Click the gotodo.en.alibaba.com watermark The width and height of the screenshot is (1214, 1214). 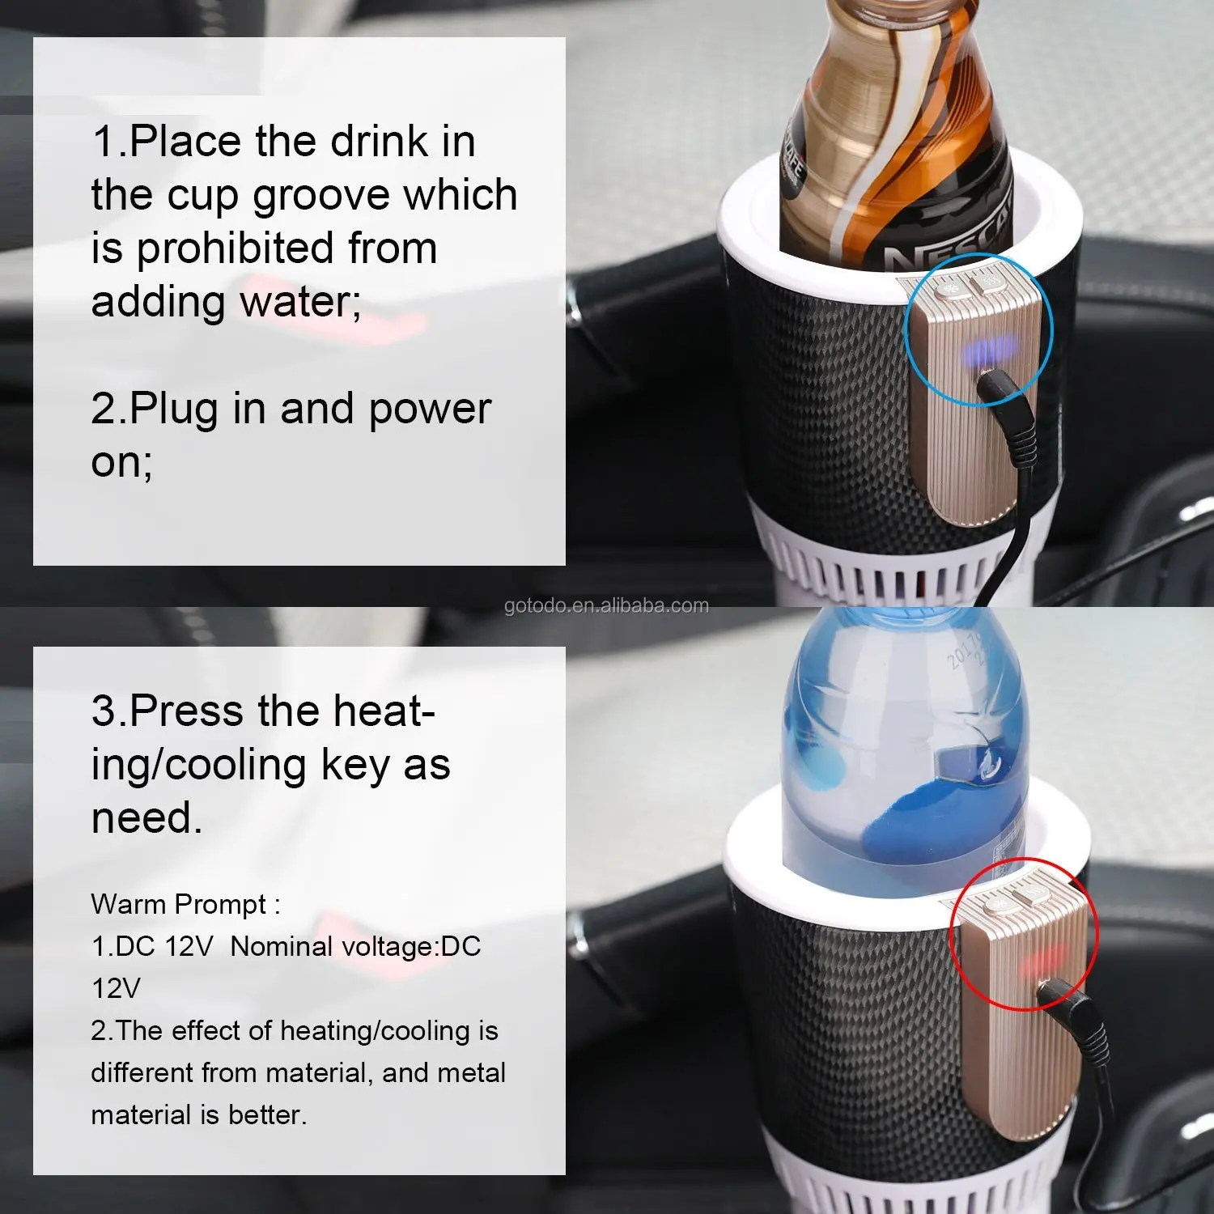pos(606,605)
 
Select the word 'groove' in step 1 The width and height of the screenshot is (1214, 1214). pos(322,197)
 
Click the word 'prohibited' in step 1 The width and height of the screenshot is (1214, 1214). pos(234,249)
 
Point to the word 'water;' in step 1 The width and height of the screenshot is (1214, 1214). pos(299,302)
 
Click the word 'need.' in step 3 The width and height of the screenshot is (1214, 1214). pos(146,818)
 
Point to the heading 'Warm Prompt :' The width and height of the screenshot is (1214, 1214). pos(185,905)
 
